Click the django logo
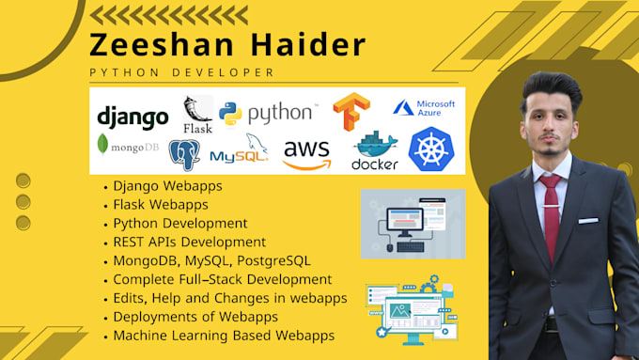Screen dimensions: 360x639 [133, 117]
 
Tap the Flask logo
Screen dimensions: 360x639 [197, 114]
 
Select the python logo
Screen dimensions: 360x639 [268, 113]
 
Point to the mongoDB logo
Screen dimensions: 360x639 [129, 147]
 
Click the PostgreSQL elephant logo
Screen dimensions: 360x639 [184, 153]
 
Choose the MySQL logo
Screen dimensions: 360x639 [240, 150]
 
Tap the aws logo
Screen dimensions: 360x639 [307, 152]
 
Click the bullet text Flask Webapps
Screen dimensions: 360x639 [161, 204]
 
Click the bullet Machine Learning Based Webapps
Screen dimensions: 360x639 [224, 336]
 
